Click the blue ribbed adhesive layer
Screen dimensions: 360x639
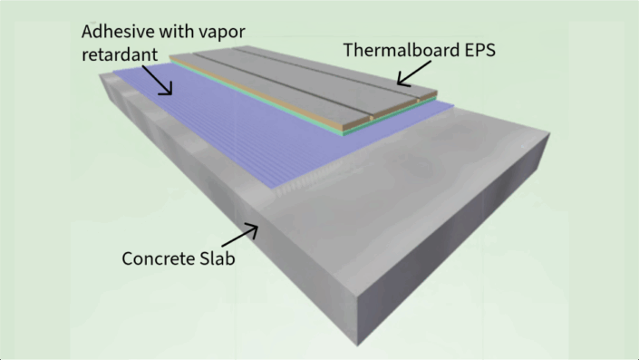(227, 136)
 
